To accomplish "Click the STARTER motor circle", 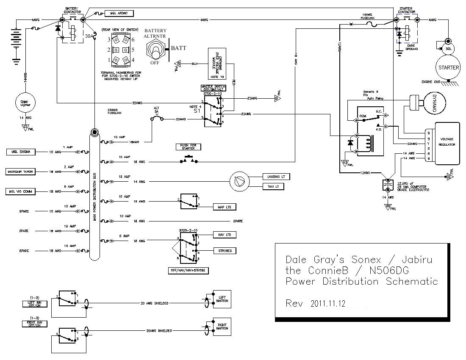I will coord(449,68).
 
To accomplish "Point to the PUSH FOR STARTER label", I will coord(188,147).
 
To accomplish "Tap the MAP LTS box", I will coord(224,207).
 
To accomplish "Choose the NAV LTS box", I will coord(224,235).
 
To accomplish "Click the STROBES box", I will coord(224,251).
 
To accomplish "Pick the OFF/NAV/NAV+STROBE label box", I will coord(188,270).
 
